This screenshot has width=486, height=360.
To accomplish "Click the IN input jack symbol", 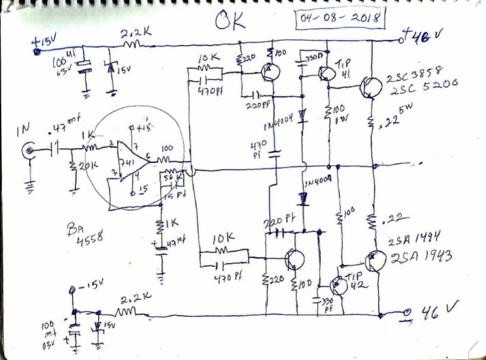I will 29,152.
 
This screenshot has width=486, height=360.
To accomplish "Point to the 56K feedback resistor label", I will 168,179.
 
